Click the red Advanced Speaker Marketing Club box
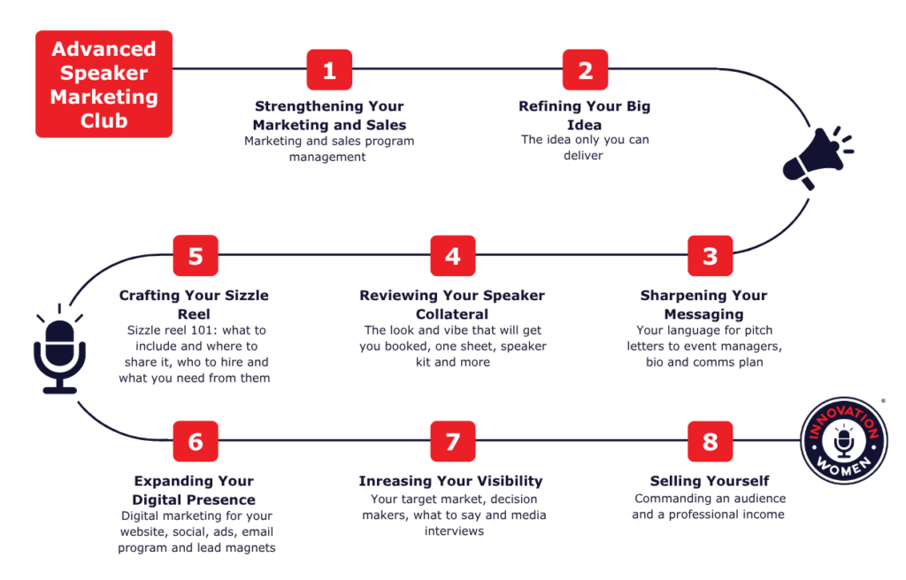click(x=104, y=84)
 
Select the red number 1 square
click(x=329, y=70)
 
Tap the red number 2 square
click(x=586, y=70)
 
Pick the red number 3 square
click(x=710, y=256)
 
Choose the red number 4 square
click(x=453, y=256)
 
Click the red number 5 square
click(x=196, y=256)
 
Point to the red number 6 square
click(x=196, y=441)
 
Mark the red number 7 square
click(x=453, y=441)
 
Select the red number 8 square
click(x=710, y=441)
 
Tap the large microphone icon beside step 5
click(x=59, y=350)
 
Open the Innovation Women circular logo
click(x=844, y=441)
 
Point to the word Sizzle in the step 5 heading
click(x=247, y=296)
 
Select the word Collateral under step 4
click(x=452, y=314)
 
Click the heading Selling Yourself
click(x=710, y=481)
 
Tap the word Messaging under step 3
click(x=703, y=314)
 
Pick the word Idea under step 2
click(x=584, y=125)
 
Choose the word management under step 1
click(x=327, y=158)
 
